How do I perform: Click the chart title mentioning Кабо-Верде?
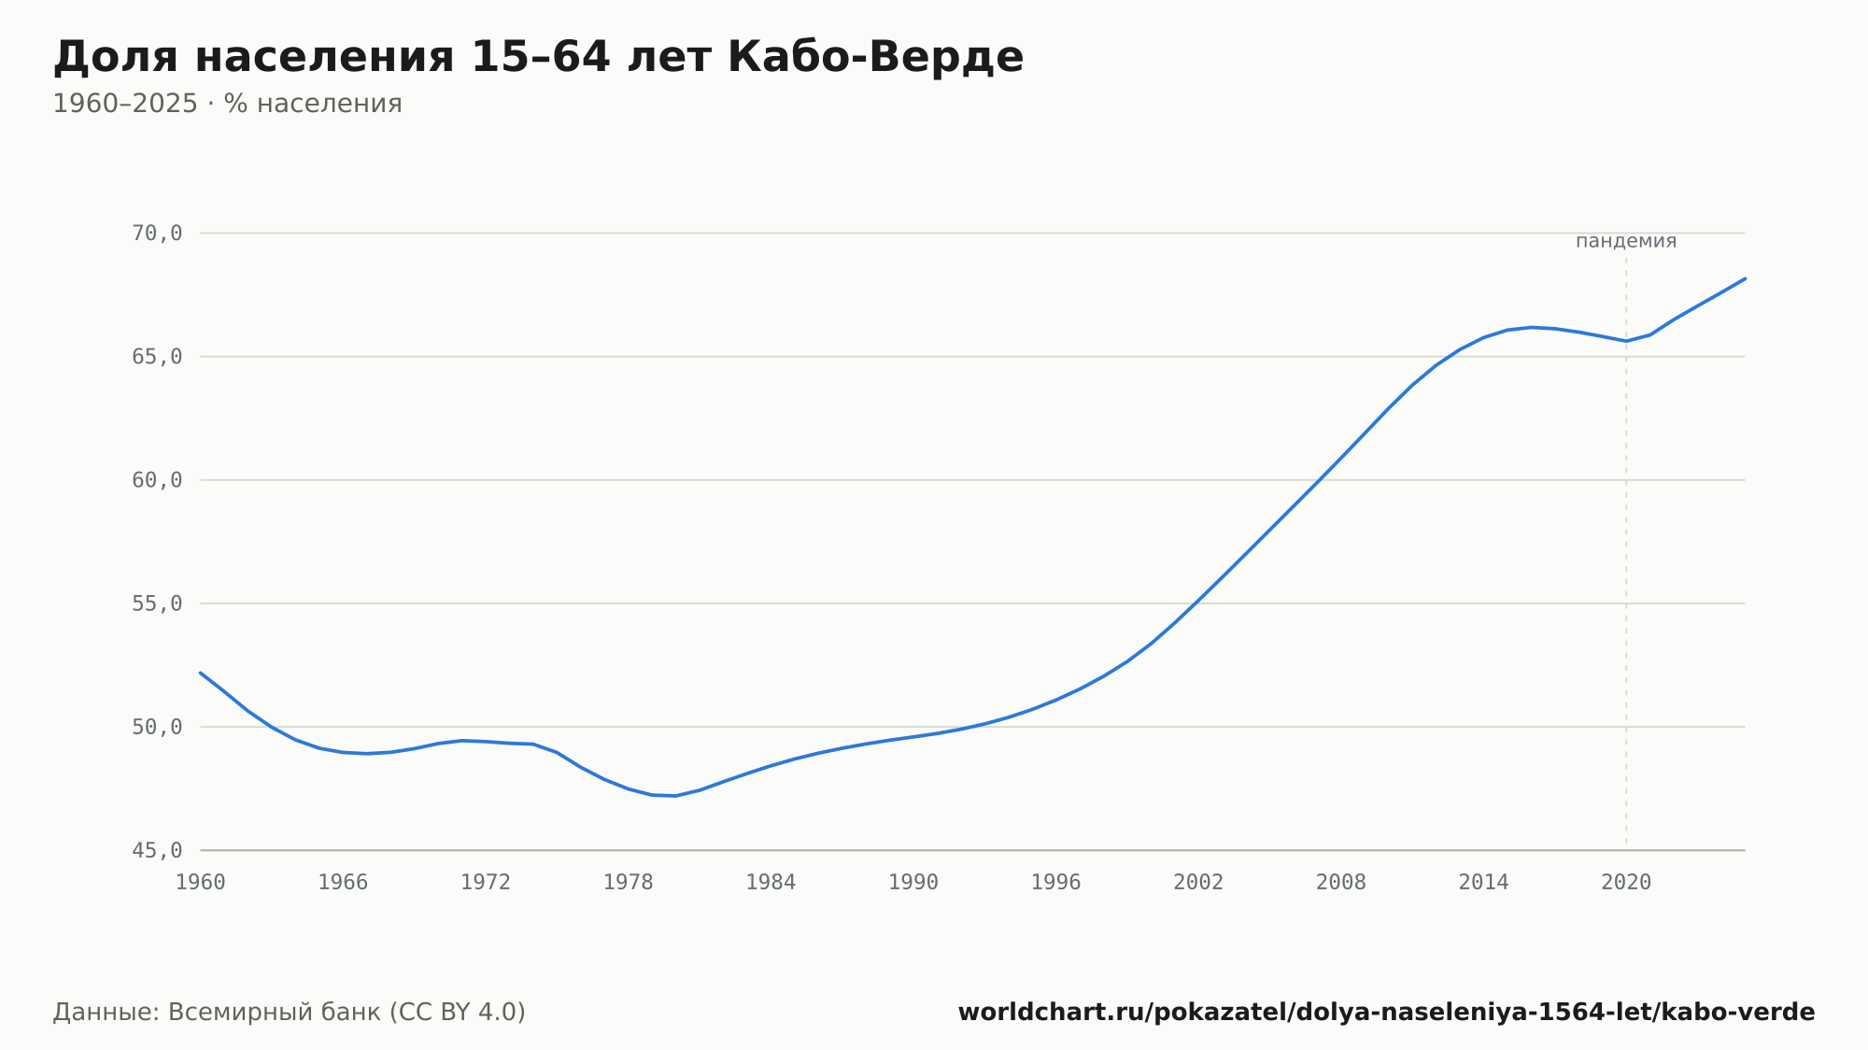(x=538, y=57)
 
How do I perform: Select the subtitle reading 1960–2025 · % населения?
(x=227, y=104)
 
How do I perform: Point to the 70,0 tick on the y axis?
(x=157, y=234)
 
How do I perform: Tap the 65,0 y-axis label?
(x=157, y=357)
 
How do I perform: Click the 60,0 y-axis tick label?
(x=157, y=480)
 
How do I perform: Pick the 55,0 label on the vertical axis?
(x=157, y=603)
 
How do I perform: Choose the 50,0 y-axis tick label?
(x=157, y=727)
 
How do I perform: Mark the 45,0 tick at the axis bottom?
(x=157, y=850)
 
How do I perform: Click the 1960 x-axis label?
(x=201, y=883)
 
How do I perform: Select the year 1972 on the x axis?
(x=486, y=883)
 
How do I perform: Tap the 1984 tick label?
(x=771, y=883)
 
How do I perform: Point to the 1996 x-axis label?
(x=1055, y=883)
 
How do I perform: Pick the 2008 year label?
(x=1341, y=883)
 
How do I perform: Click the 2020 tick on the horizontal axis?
(x=1626, y=883)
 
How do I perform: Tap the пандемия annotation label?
(x=1626, y=241)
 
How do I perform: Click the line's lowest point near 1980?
(x=675, y=795)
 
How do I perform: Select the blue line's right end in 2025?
(x=1745, y=278)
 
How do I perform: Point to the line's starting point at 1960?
(x=201, y=673)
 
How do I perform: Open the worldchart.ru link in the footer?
(x=1386, y=1012)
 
